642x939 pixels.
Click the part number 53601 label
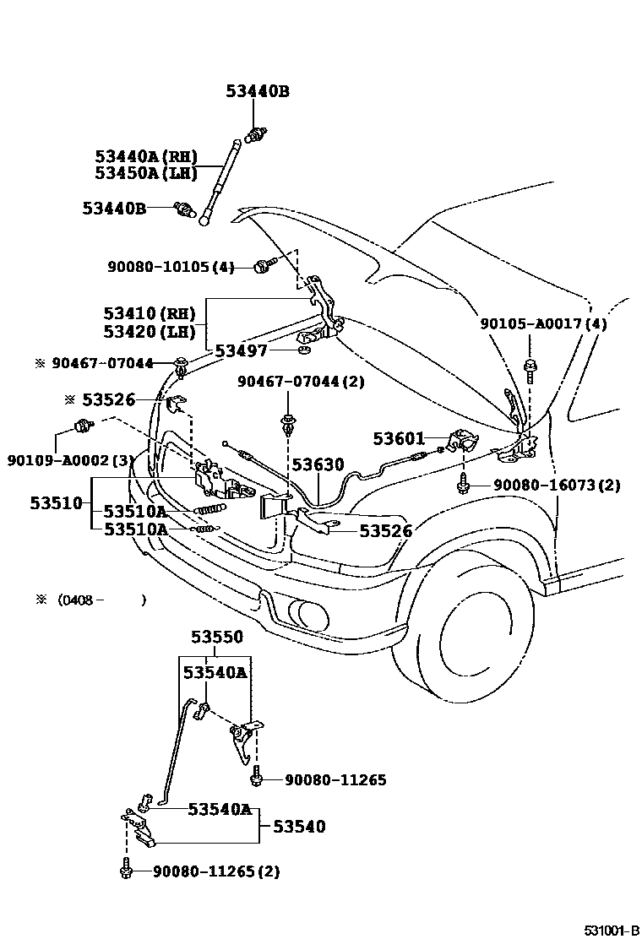pyautogui.click(x=398, y=439)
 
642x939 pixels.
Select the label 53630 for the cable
pyautogui.click(x=318, y=464)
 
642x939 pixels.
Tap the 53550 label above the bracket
pyautogui.click(x=217, y=638)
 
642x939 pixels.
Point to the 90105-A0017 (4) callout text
pyautogui.click(x=543, y=324)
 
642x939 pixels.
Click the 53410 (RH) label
pyautogui.click(x=150, y=313)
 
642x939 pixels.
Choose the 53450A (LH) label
pyautogui.click(x=146, y=173)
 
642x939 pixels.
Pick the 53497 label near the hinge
pyautogui.click(x=241, y=351)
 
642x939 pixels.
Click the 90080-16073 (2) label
pyautogui.click(x=557, y=485)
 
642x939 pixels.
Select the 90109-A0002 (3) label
pyautogui.click(x=70, y=460)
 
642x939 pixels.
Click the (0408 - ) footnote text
pyautogui.click(x=102, y=600)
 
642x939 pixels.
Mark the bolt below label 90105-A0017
pyautogui.click(x=530, y=370)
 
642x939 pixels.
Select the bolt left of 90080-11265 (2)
pyautogui.click(x=126, y=869)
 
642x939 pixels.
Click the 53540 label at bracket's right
pyautogui.click(x=299, y=827)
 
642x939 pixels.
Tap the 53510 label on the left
pyautogui.click(x=57, y=503)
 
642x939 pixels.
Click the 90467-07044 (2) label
pyautogui.click(x=301, y=382)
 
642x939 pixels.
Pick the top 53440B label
pyautogui.click(x=258, y=91)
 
